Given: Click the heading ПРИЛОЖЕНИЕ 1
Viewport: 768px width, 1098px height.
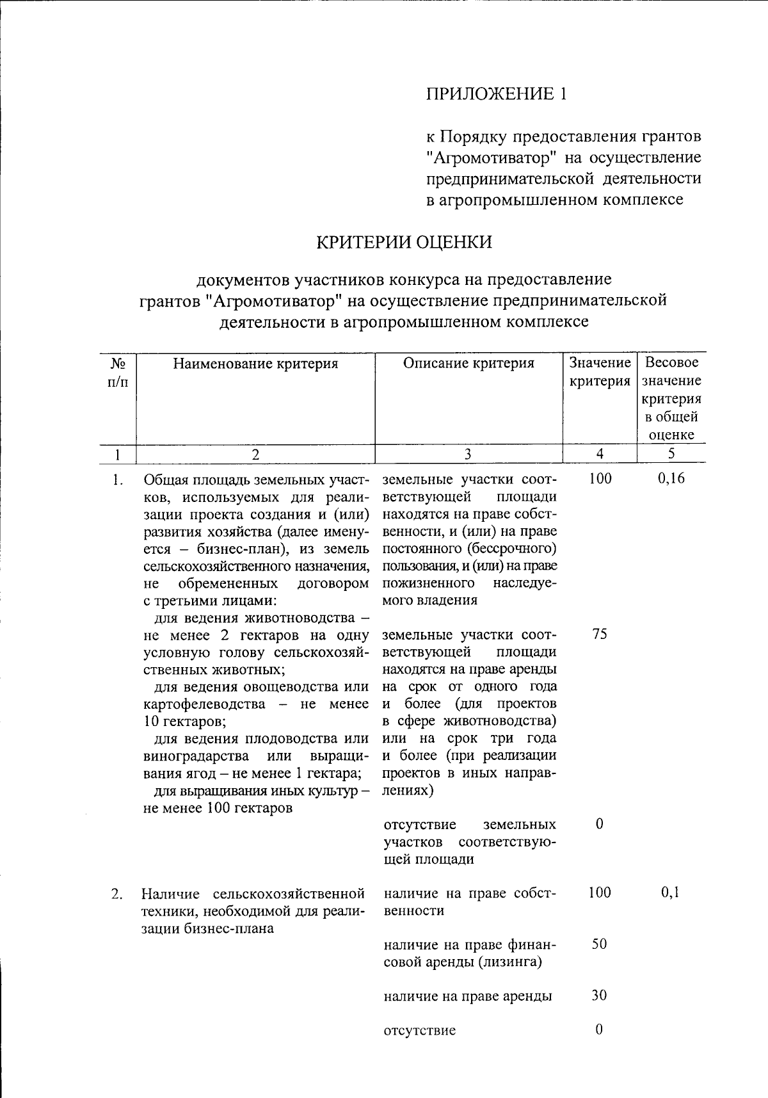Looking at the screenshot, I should (x=497, y=94).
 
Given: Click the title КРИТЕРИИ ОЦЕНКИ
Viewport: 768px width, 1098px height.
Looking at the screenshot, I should (x=404, y=242).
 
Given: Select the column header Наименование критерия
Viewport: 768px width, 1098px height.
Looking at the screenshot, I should (x=255, y=364).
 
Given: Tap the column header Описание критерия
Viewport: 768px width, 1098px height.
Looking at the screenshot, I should (x=468, y=364).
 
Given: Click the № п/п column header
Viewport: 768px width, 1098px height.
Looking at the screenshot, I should (x=118, y=373).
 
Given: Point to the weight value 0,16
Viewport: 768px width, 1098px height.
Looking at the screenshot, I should (x=671, y=479).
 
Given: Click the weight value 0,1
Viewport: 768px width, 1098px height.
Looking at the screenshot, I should (x=670, y=892).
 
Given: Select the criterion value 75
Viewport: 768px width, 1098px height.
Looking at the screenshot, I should (x=600, y=634).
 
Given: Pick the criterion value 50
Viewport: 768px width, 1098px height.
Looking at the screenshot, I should (x=599, y=944).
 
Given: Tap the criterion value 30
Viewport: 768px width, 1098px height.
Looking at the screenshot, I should (x=599, y=996).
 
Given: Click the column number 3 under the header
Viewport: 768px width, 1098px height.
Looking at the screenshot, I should (x=468, y=454).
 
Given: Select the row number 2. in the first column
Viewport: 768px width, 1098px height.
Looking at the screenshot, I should (x=116, y=894).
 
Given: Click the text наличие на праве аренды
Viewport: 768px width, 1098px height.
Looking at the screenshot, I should (x=468, y=996).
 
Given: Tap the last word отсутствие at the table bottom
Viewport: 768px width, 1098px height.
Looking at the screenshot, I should (x=420, y=1031).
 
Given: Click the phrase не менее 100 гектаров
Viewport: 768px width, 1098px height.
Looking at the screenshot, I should (x=218, y=808).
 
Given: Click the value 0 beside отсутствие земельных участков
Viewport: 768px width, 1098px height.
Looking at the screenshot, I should (x=599, y=824).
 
